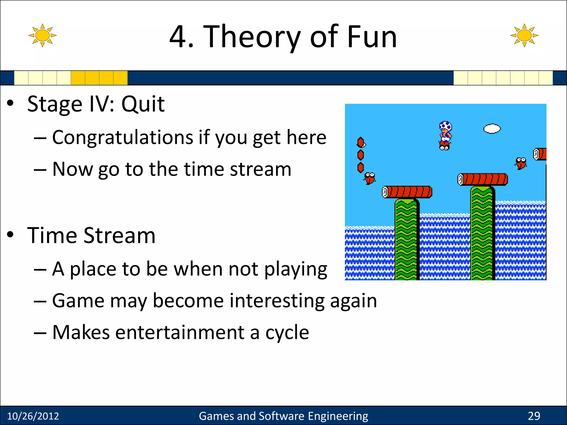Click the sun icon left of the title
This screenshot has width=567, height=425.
coord(42,35)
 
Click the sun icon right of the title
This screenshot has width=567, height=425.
coord(524,35)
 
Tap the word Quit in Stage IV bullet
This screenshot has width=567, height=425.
coord(143,104)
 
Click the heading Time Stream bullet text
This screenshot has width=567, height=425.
coord(91,235)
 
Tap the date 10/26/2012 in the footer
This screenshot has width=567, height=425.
coord(33,416)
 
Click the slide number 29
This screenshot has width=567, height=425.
coord(534,416)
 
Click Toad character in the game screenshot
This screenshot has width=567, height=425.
coord(445,135)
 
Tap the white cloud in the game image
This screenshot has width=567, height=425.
coord(492,129)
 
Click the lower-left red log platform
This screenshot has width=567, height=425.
coord(407,192)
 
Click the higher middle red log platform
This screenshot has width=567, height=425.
coord(483,179)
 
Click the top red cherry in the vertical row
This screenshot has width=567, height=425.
coord(360,142)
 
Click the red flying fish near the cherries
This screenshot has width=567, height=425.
coord(370,178)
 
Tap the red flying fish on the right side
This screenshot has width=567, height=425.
coord(521,163)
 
